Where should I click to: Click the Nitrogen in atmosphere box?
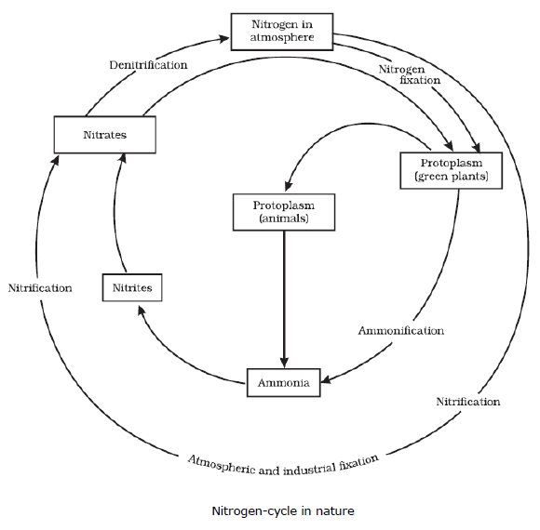click(x=282, y=32)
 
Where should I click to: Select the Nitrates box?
click(x=104, y=135)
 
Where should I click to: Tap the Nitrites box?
click(x=132, y=287)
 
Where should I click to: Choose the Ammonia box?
click(x=283, y=382)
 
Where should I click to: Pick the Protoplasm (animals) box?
click(x=284, y=212)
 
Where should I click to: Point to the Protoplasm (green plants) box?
click(x=452, y=170)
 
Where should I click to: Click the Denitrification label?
click(x=148, y=65)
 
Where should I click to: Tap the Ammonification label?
click(x=401, y=330)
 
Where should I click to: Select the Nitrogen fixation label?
click(x=410, y=74)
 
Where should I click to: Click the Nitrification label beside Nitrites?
click(x=40, y=288)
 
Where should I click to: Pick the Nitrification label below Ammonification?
click(x=468, y=402)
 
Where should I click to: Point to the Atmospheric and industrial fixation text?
click(x=283, y=466)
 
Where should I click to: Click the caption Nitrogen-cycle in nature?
click(x=283, y=510)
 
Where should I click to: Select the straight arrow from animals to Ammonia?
click(x=284, y=299)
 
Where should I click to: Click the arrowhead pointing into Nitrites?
click(x=142, y=311)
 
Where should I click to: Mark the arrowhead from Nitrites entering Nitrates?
click(x=122, y=158)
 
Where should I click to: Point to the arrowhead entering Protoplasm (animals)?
click(x=288, y=186)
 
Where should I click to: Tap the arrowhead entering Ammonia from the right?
click(x=326, y=379)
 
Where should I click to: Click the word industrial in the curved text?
click(x=308, y=469)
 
